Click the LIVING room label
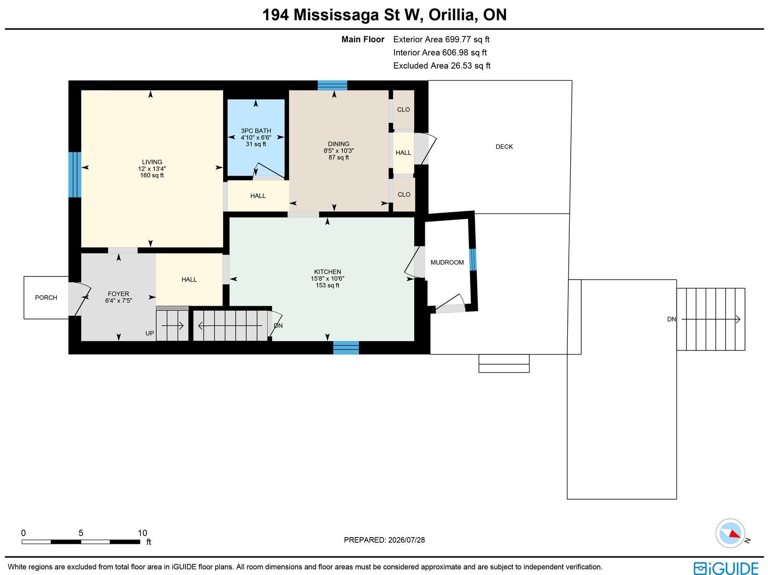point(152,162)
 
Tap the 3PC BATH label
point(256,131)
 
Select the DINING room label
point(338,144)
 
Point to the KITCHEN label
point(327,272)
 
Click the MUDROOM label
point(447,263)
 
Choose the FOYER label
point(118,294)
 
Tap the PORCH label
point(46,298)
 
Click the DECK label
point(504,147)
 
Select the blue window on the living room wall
point(74,175)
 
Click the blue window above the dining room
point(332,85)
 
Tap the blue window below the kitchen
point(346,347)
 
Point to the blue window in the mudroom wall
point(472,260)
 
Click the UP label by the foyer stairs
point(149,333)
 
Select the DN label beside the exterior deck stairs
point(671,319)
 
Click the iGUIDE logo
point(726,568)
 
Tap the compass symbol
point(730,533)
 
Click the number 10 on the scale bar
point(143,533)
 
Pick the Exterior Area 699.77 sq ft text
point(441,39)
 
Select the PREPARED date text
point(384,540)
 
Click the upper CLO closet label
point(403,109)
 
